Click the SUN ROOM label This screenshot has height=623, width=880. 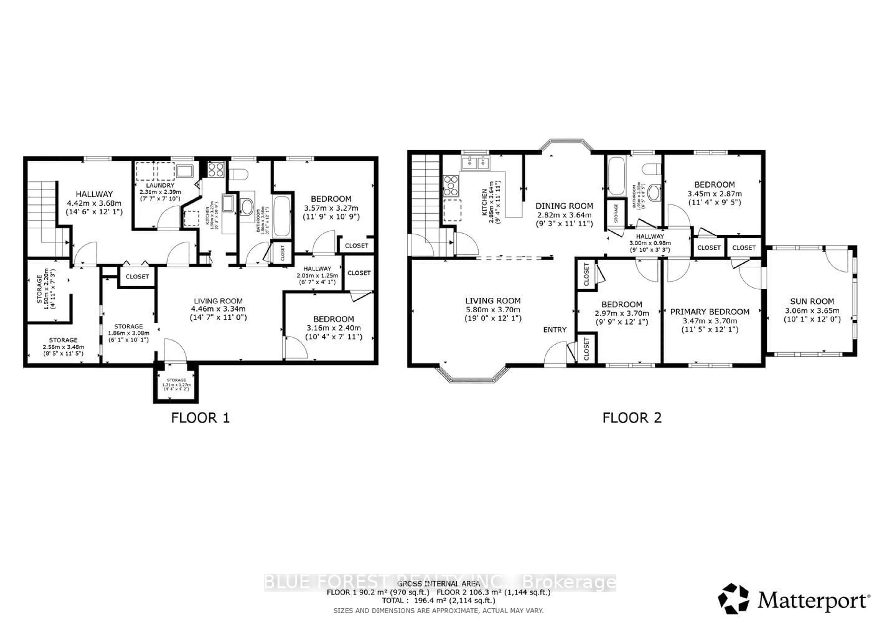click(812, 302)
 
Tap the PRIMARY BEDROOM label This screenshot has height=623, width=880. click(709, 312)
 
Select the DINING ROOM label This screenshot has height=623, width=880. click(564, 206)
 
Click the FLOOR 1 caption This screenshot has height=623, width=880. click(200, 418)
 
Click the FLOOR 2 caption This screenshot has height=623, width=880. click(632, 418)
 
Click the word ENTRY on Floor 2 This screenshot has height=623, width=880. click(555, 330)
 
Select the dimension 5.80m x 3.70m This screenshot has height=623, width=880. click(493, 310)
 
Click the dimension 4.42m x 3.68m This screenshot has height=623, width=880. click(94, 203)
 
